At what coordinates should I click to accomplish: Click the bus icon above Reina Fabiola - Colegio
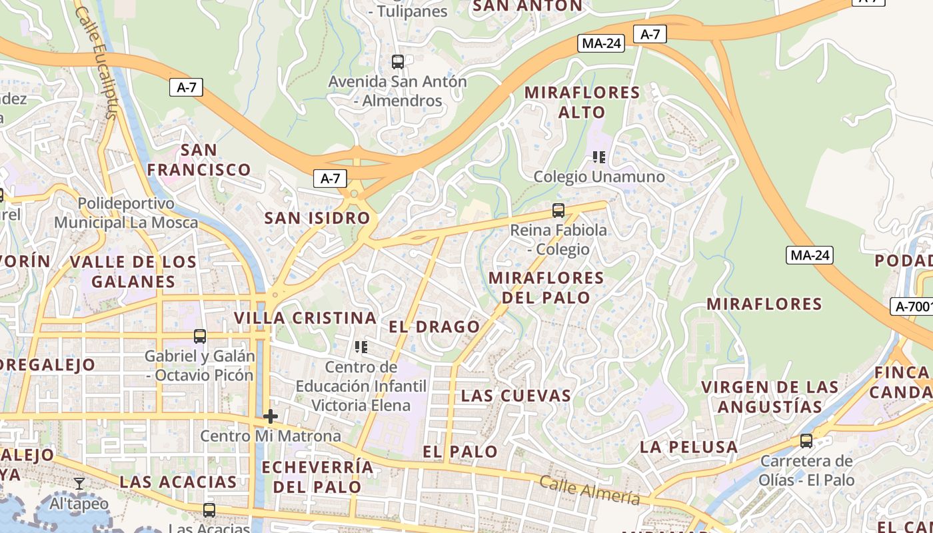tap(558, 211)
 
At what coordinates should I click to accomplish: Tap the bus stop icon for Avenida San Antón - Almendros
tap(398, 62)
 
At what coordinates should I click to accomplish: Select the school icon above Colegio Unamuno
tap(599, 157)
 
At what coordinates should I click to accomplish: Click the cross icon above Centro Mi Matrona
tap(270, 417)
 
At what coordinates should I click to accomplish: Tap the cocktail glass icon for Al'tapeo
tap(79, 484)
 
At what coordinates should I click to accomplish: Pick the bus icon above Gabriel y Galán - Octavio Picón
tap(200, 336)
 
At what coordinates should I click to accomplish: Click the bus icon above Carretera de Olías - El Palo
tap(806, 441)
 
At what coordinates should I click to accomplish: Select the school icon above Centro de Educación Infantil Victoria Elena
tap(361, 347)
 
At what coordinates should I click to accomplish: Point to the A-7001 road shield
tap(912, 306)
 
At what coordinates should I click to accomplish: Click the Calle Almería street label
tap(589, 490)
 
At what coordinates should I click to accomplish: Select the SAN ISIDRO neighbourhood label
tap(317, 218)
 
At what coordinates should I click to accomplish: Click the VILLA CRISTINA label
tap(305, 318)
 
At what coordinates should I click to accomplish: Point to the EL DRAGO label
tap(434, 326)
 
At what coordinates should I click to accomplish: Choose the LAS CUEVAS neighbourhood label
tap(516, 396)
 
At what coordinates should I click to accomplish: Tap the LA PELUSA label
tap(688, 447)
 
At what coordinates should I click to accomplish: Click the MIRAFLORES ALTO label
tap(582, 102)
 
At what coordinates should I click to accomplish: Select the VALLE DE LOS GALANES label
tap(133, 271)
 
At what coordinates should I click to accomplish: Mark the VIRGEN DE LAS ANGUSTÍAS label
tap(770, 396)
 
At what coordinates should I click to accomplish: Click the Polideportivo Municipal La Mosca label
tap(126, 213)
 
